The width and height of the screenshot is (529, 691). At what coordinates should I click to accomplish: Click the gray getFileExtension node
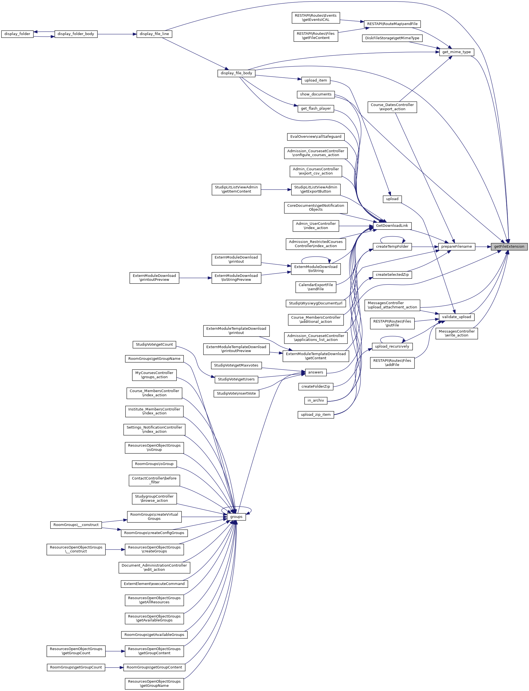click(x=509, y=246)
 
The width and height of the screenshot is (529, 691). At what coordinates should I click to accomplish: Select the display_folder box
click(x=17, y=34)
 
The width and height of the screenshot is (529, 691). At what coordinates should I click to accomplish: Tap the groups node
click(x=236, y=517)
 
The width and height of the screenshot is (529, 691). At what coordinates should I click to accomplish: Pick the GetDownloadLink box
click(x=392, y=226)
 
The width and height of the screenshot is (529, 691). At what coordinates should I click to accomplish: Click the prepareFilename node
click(x=456, y=246)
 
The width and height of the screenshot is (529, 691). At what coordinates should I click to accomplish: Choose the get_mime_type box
click(x=456, y=52)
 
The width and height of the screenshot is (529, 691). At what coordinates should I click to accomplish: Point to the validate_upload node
click(x=456, y=317)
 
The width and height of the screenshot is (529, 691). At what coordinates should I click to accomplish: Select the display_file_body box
click(x=236, y=73)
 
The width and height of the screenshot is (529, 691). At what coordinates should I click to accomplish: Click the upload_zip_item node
click(x=315, y=414)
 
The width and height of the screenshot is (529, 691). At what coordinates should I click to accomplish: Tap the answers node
click(x=315, y=372)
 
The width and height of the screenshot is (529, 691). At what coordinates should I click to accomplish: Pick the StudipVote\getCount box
click(x=154, y=345)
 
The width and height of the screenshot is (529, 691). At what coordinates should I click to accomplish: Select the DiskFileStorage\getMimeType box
click(x=392, y=38)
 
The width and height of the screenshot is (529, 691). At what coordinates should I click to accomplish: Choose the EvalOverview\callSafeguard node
click(x=315, y=137)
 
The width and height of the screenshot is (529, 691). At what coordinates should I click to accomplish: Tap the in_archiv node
click(x=315, y=400)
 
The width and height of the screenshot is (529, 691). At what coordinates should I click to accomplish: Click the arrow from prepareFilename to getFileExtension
click(x=483, y=246)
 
